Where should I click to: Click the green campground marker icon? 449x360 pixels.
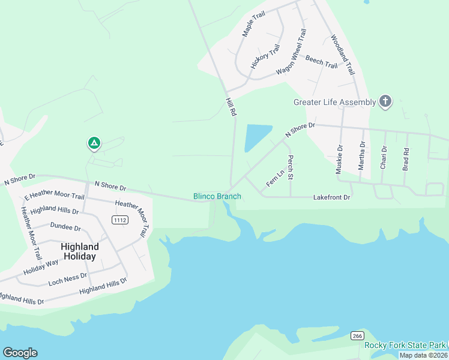click(94, 143)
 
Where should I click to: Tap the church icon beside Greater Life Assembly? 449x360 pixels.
click(385, 101)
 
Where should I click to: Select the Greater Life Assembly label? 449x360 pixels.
click(334, 102)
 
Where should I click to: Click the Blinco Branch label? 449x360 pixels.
click(217, 196)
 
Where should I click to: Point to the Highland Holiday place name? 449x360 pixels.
click(79, 251)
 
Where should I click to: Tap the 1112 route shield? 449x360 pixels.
click(120, 220)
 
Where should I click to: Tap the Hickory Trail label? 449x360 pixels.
click(265, 56)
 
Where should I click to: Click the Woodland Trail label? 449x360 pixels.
click(343, 55)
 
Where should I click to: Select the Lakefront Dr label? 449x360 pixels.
click(331, 197)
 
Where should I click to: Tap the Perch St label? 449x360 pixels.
click(290, 168)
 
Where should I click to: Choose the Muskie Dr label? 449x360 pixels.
click(340, 160)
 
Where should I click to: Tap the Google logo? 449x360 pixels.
click(20, 353)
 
